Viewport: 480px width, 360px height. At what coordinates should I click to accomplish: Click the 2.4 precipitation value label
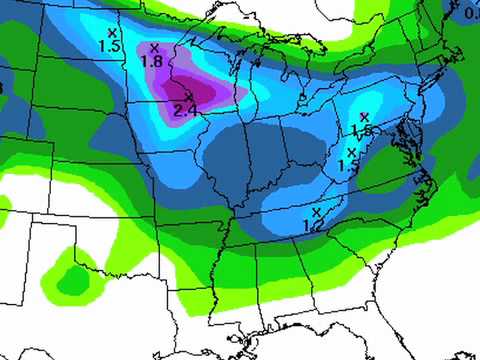click(185, 110)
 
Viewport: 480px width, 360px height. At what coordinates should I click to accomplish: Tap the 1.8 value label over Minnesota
click(152, 61)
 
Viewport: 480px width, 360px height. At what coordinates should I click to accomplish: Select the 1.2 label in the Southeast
click(313, 226)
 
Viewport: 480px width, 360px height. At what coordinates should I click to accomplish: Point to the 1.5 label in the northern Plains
click(110, 46)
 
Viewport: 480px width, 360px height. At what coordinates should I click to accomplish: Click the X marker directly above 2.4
click(188, 96)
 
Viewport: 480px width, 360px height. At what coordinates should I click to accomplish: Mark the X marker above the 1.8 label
click(154, 47)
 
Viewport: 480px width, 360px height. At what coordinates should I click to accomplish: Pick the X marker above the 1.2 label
click(316, 212)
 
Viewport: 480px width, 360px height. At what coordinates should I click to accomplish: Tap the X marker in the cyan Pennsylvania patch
click(364, 117)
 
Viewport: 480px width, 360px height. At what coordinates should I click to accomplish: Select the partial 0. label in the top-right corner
click(472, 13)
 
